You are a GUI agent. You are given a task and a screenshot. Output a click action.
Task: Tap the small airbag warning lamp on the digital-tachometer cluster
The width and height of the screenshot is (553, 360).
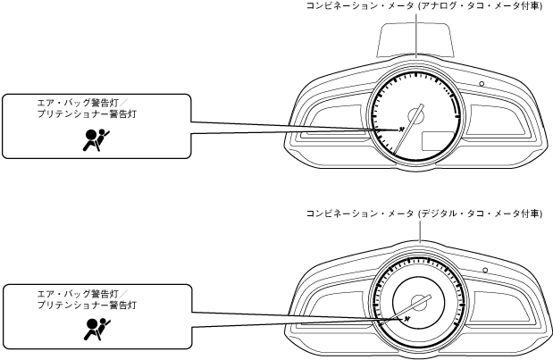[404, 317]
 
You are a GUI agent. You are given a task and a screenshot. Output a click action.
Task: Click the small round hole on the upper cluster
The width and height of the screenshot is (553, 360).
[481, 83]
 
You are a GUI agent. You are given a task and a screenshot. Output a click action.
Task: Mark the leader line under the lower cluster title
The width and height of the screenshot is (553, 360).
[417, 230]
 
